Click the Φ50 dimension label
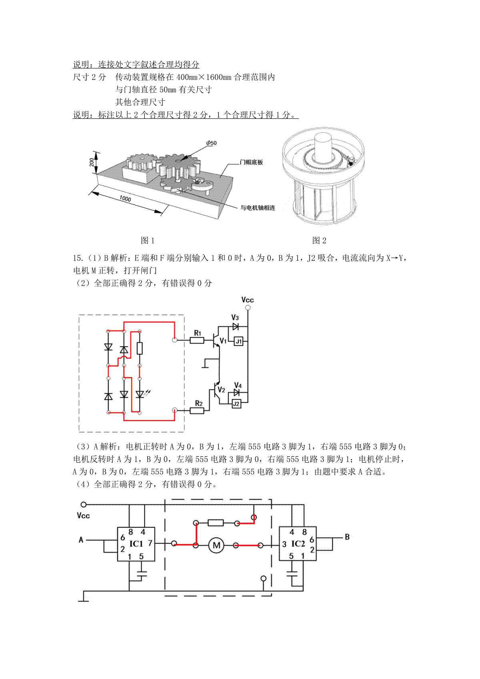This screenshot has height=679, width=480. (212, 143)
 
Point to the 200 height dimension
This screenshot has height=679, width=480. (92, 162)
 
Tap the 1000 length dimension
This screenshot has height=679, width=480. (125, 199)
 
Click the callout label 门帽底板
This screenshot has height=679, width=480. (251, 162)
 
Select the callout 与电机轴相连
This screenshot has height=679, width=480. (258, 208)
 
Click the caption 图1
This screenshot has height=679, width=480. (148, 240)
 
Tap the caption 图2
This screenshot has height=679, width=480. (319, 240)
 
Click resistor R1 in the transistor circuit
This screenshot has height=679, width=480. (197, 340)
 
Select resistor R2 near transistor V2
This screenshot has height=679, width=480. (197, 411)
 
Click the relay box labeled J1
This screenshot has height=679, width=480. (238, 341)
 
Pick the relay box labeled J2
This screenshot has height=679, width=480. (236, 404)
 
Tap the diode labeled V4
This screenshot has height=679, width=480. (236, 392)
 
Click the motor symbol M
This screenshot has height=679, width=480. (216, 545)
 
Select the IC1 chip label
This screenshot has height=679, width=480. (136, 543)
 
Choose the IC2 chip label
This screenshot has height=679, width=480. (298, 543)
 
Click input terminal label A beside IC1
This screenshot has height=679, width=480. (81, 540)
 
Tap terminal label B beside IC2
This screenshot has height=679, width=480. (347, 537)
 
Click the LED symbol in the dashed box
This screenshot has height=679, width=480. (140, 395)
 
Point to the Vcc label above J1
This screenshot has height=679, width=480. (248, 300)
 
